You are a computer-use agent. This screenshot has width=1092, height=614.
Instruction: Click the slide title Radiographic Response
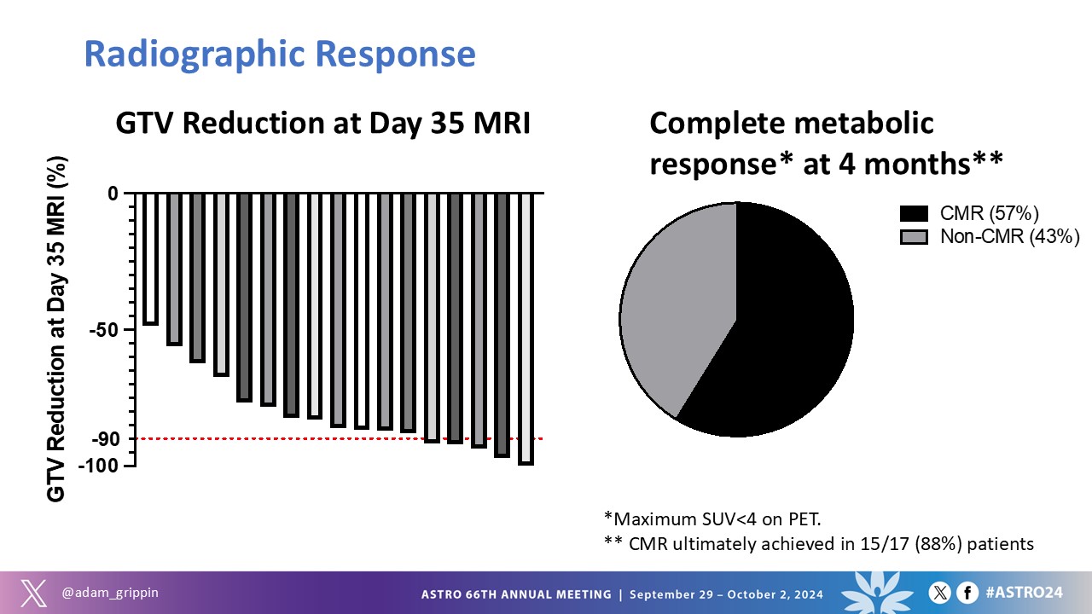coord(280,55)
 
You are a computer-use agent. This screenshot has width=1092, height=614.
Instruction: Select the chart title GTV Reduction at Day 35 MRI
coord(322,123)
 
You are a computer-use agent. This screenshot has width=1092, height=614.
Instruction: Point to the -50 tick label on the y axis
coord(104,330)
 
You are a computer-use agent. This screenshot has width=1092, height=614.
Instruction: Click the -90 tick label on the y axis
coord(106,439)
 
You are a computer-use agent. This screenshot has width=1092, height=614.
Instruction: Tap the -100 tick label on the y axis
coord(98,466)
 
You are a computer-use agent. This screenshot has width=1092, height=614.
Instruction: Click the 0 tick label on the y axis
coord(113,194)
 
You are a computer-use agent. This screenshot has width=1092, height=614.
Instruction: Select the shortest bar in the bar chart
coord(150,258)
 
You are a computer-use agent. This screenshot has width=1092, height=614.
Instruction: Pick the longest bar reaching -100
coord(526,329)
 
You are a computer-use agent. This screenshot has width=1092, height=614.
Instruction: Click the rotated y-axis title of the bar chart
coord(56,329)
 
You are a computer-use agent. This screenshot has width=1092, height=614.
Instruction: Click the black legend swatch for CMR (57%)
coord(914,213)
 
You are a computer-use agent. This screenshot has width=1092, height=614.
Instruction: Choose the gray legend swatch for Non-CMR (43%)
coord(914,237)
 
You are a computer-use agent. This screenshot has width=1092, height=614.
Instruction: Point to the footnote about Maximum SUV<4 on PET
coord(712,519)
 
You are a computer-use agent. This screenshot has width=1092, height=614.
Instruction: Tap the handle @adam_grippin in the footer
coord(110,593)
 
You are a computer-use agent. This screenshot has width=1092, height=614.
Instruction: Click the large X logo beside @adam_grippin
coord(34,593)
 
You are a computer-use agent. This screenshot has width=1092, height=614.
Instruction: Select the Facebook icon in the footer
coord(967,593)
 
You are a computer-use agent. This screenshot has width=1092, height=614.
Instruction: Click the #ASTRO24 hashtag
coord(1024,593)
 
